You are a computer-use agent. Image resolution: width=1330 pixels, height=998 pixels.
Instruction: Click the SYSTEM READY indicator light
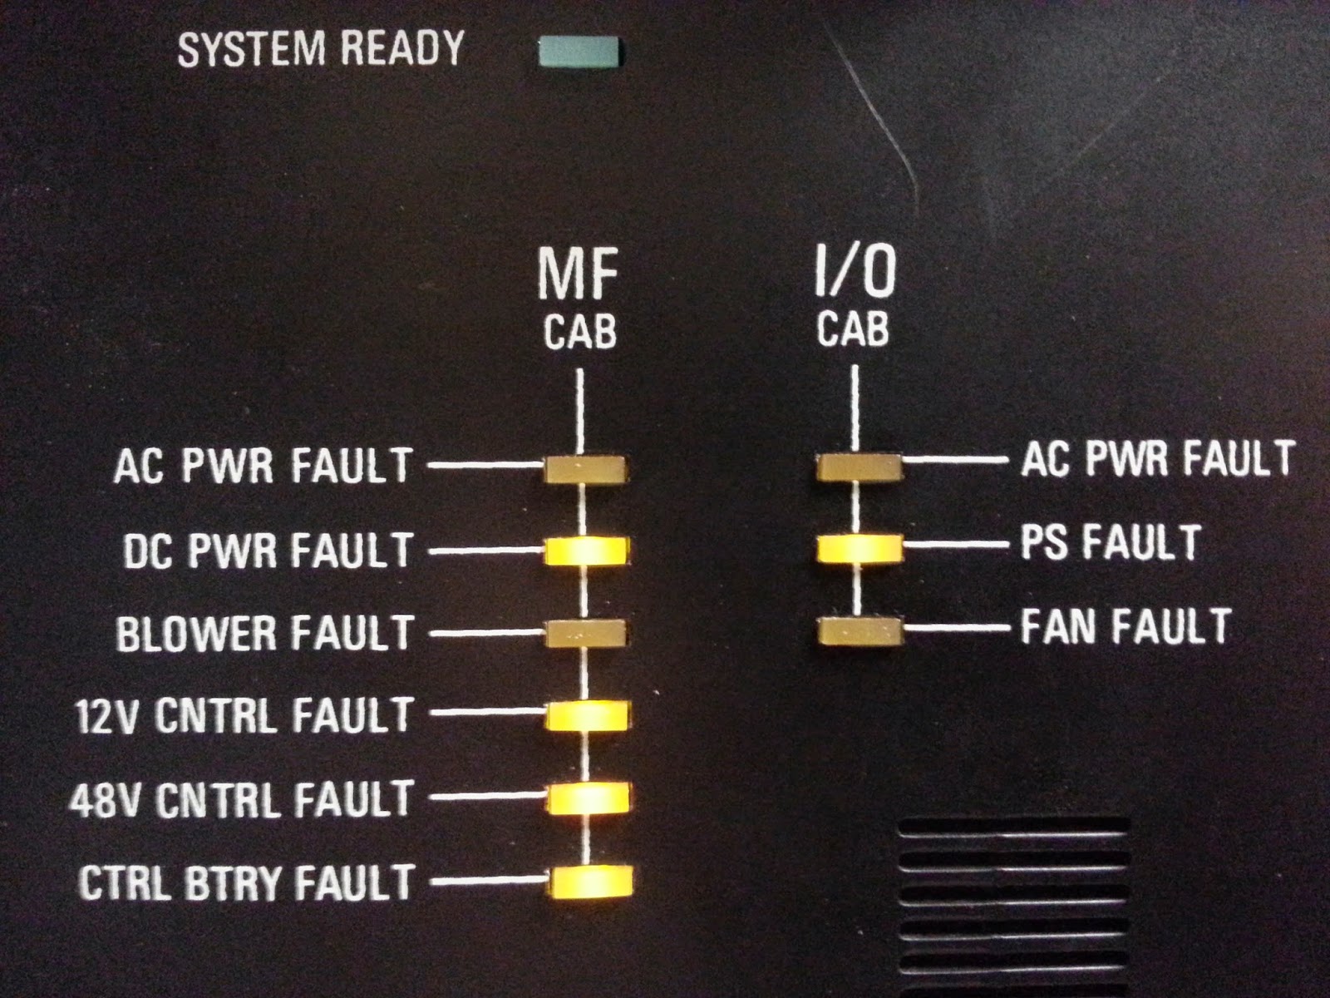pos(579,52)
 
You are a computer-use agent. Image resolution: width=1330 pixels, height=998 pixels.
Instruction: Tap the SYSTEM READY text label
pos(321,49)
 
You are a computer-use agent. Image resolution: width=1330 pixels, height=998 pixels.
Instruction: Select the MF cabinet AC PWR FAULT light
pos(586,468)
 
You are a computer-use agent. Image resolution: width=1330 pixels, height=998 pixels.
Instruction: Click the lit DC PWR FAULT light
pos(587,551)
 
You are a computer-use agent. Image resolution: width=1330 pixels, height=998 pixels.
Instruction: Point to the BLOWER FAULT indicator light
pos(586,634)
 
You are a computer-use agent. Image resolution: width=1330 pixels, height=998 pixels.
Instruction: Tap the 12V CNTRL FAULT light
pos(589,714)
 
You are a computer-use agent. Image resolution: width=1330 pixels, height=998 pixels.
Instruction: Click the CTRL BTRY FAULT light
pos(590,881)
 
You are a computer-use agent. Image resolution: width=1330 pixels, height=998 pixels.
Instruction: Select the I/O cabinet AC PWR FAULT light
pos(859,467)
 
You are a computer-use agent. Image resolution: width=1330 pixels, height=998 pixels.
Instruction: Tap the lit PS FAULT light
pos(859,549)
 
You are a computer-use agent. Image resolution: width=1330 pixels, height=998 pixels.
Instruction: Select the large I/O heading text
pos(854,271)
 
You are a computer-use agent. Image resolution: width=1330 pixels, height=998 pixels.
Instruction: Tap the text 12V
pos(105,717)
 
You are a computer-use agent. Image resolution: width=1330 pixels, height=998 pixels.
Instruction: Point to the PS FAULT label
pos(1110,542)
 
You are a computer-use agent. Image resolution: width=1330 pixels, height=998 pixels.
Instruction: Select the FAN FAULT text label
pos(1126,627)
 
